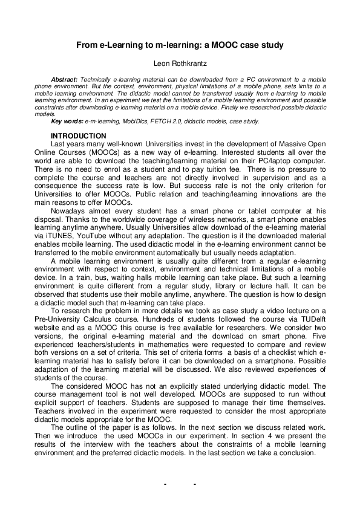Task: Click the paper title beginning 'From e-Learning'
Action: [180, 45]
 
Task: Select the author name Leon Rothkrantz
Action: [180, 63]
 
